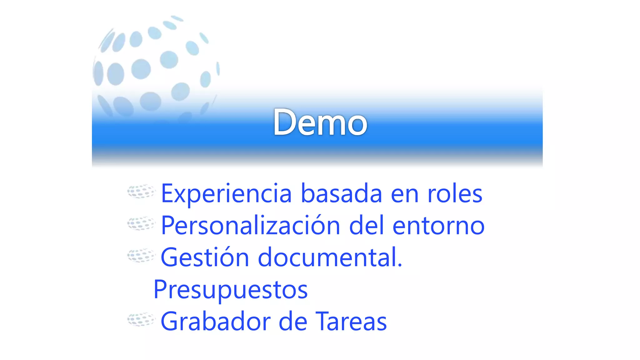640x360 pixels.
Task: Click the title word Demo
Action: tap(320, 122)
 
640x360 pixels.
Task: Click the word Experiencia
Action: tap(226, 194)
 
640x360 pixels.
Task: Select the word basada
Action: tap(341, 194)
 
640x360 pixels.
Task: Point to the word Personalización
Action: tap(250, 226)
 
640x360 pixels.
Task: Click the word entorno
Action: tap(438, 226)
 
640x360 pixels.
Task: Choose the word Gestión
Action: tap(205, 257)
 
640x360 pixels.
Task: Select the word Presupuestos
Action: tap(231, 290)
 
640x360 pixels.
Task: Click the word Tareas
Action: tap(351, 321)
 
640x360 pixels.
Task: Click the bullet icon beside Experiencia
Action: tap(141, 191)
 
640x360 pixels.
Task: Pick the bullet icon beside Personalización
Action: tap(141, 223)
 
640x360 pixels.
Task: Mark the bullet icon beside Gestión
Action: tap(141, 255)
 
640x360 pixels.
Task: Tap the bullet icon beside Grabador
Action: tap(141, 319)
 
